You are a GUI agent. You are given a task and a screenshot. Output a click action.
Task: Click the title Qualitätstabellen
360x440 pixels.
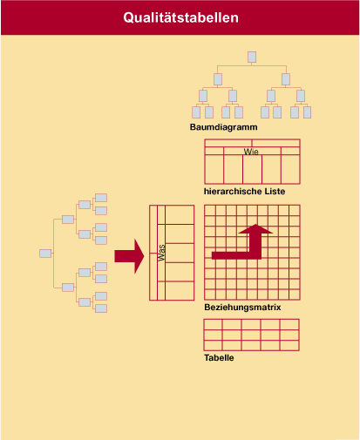click(180, 17)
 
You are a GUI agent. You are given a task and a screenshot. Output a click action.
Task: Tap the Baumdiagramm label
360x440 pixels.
click(223, 127)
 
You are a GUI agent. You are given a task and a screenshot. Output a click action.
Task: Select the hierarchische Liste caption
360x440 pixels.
click(244, 192)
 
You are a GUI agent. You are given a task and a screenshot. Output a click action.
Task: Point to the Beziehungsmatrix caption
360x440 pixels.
click(242, 308)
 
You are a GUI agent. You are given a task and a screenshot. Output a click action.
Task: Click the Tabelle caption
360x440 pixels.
click(219, 357)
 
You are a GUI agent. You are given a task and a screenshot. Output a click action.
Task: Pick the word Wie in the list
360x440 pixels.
click(251, 152)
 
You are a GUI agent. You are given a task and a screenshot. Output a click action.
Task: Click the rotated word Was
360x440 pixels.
click(161, 253)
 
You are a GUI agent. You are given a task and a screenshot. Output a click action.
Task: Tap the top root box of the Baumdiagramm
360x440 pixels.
click(252, 58)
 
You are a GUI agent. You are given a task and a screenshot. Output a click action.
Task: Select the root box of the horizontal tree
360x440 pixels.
click(45, 254)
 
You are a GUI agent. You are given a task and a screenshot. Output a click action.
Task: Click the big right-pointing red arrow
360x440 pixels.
click(129, 256)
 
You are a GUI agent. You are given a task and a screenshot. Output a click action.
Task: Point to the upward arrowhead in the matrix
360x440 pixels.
click(255, 229)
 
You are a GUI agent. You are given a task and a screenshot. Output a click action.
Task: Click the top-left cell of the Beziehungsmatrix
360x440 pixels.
click(210, 210)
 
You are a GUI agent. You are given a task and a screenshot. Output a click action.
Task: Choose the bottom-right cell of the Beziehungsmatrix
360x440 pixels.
click(295, 294)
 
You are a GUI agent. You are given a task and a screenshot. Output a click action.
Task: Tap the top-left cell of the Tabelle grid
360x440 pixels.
click(214, 325)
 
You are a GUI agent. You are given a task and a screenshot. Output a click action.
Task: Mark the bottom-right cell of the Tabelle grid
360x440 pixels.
click(289, 345)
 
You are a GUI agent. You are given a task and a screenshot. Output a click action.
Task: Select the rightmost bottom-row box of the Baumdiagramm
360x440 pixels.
click(307, 112)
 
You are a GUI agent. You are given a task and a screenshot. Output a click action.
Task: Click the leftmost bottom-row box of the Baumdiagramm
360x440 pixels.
click(196, 112)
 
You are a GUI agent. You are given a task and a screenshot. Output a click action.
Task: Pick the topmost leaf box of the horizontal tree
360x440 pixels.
click(101, 198)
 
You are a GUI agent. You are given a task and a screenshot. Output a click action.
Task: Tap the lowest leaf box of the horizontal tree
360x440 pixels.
click(101, 308)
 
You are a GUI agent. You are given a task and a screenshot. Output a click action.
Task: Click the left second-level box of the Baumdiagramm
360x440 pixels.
click(218, 79)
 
